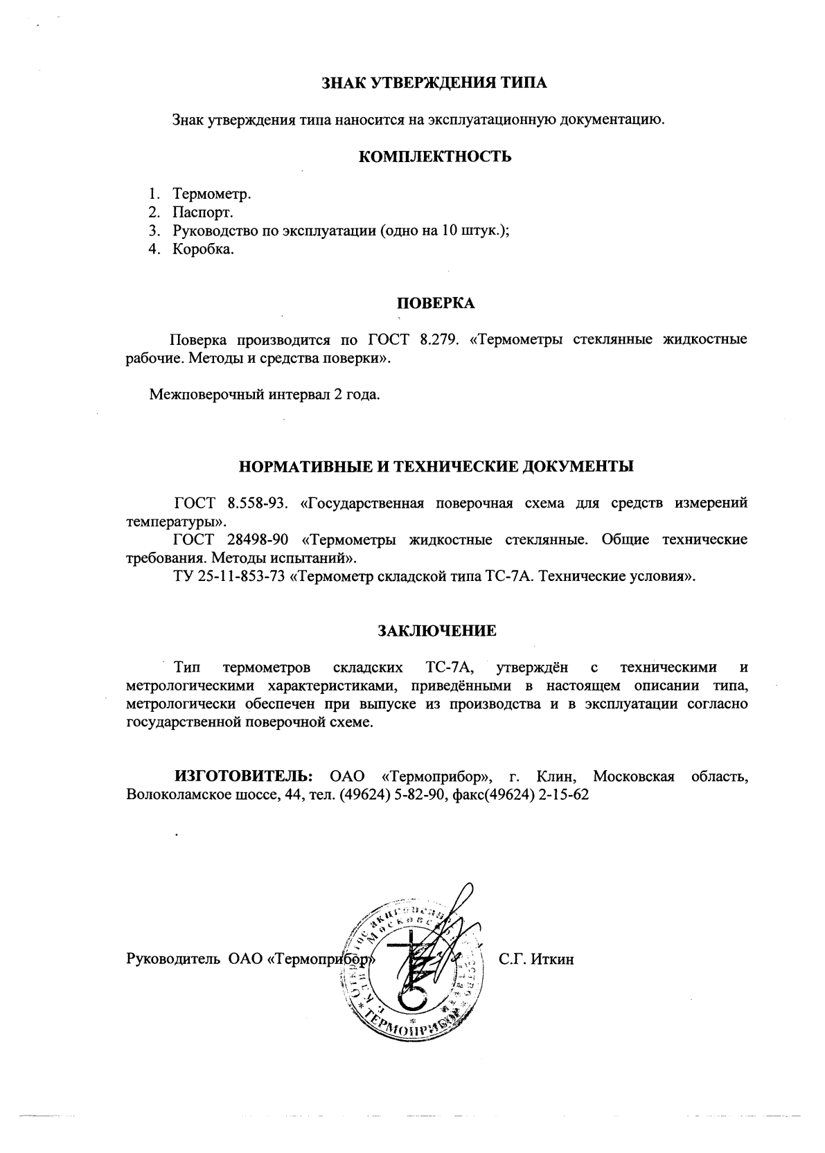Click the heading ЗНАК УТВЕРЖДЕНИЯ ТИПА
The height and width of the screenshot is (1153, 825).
click(x=435, y=84)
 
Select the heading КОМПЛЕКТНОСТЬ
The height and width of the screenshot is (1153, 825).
click(x=435, y=157)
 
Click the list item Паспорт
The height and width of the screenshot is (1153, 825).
click(x=203, y=212)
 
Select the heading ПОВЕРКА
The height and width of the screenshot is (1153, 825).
click(x=435, y=303)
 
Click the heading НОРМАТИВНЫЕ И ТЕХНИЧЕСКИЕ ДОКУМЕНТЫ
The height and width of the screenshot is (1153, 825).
click(x=436, y=466)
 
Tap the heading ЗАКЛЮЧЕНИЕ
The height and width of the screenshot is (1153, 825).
click(x=436, y=631)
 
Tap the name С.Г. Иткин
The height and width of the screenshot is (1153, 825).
click(x=536, y=960)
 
